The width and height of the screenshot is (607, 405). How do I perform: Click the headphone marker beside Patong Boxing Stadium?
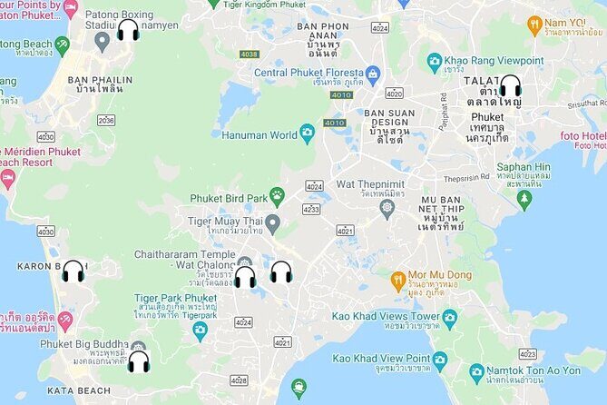coord(128,30)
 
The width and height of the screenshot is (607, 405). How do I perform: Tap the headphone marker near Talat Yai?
coord(510,86)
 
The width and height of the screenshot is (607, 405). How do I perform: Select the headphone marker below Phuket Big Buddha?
coord(138,361)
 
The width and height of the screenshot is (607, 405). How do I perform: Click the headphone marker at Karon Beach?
coord(73,271)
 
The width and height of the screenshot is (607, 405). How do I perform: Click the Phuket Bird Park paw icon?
coord(277,195)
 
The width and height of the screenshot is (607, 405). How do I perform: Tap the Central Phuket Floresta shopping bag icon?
coord(372,73)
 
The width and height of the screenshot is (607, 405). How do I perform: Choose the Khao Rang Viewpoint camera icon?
coord(435,62)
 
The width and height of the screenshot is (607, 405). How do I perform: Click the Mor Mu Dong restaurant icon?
coord(397,277)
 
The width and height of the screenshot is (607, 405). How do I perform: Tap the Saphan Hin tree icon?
coord(524,198)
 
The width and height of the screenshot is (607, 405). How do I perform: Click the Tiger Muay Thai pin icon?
coord(272,222)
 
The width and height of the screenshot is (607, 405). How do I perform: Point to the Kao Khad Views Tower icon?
coord(449,319)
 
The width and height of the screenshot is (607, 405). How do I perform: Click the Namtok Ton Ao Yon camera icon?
coord(476,371)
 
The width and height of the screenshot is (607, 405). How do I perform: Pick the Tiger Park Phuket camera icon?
coord(200,329)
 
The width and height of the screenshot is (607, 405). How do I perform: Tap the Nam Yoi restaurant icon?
coord(534,25)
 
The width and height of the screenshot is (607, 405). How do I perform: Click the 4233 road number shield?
coord(311,209)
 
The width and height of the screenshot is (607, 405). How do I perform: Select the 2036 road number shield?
coord(106,120)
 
